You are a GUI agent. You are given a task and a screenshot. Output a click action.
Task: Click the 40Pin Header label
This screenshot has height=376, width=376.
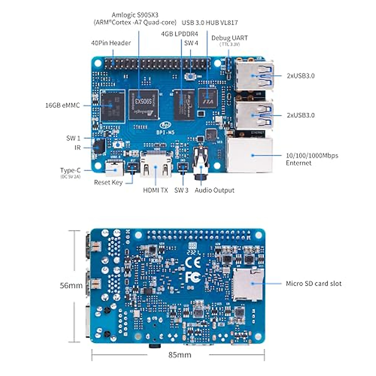[x=111, y=43]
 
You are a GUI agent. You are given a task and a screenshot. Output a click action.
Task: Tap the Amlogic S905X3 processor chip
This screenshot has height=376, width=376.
[x=143, y=105]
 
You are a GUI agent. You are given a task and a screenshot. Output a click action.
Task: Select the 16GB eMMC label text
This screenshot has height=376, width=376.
[x=62, y=105]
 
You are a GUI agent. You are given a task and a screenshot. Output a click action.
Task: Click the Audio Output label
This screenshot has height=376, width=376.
[x=214, y=190]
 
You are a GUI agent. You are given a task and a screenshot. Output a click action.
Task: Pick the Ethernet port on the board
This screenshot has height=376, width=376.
[x=249, y=155]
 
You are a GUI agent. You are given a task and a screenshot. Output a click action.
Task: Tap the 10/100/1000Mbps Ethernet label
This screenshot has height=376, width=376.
[x=312, y=159]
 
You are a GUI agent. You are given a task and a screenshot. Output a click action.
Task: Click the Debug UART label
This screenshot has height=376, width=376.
[x=229, y=38]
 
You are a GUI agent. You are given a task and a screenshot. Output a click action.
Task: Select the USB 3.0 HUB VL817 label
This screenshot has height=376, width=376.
[x=210, y=23]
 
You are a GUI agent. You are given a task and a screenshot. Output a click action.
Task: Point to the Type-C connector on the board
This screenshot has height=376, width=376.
[x=113, y=169]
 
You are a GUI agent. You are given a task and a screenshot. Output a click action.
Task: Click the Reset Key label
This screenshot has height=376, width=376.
[x=108, y=182]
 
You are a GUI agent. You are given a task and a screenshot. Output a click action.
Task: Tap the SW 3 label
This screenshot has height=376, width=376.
[x=181, y=190]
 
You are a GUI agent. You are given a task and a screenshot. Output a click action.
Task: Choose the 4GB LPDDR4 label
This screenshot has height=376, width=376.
[x=180, y=34]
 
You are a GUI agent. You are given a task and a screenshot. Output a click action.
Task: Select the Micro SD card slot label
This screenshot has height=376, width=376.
[x=313, y=284]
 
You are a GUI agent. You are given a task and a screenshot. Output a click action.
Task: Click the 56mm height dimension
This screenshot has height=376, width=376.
[x=71, y=285]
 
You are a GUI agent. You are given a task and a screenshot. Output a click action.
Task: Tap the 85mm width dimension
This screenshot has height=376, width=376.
[x=180, y=355]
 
